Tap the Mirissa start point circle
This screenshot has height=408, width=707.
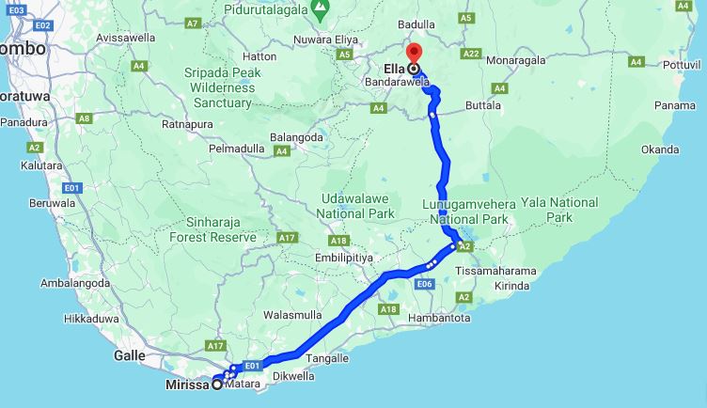tap(218, 384)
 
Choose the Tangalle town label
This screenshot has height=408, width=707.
tap(327, 358)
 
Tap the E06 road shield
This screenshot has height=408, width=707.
tap(424, 284)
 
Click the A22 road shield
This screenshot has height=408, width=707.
tap(471, 54)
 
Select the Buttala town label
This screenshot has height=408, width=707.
tap(482, 106)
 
